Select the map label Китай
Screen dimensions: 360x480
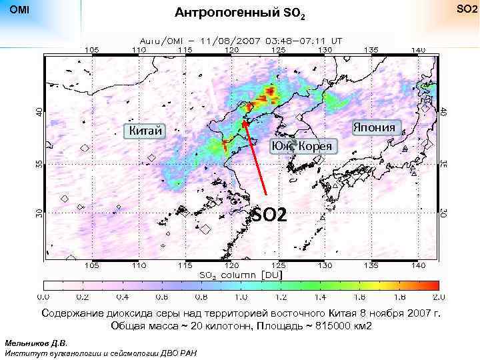[x=145, y=131]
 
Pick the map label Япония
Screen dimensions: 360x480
[x=374, y=127]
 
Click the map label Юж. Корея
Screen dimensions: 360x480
[x=304, y=146]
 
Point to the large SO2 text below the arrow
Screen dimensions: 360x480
[x=269, y=215]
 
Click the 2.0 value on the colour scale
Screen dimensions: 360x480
[x=438, y=297]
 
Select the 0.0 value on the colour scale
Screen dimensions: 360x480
[x=44, y=297]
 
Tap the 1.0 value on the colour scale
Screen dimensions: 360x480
[x=241, y=297]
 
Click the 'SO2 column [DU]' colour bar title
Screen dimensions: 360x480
[x=241, y=274]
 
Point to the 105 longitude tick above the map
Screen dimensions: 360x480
[x=92, y=50]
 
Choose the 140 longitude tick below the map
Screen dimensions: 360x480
[x=418, y=265]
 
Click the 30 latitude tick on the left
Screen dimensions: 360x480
[x=38, y=212]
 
